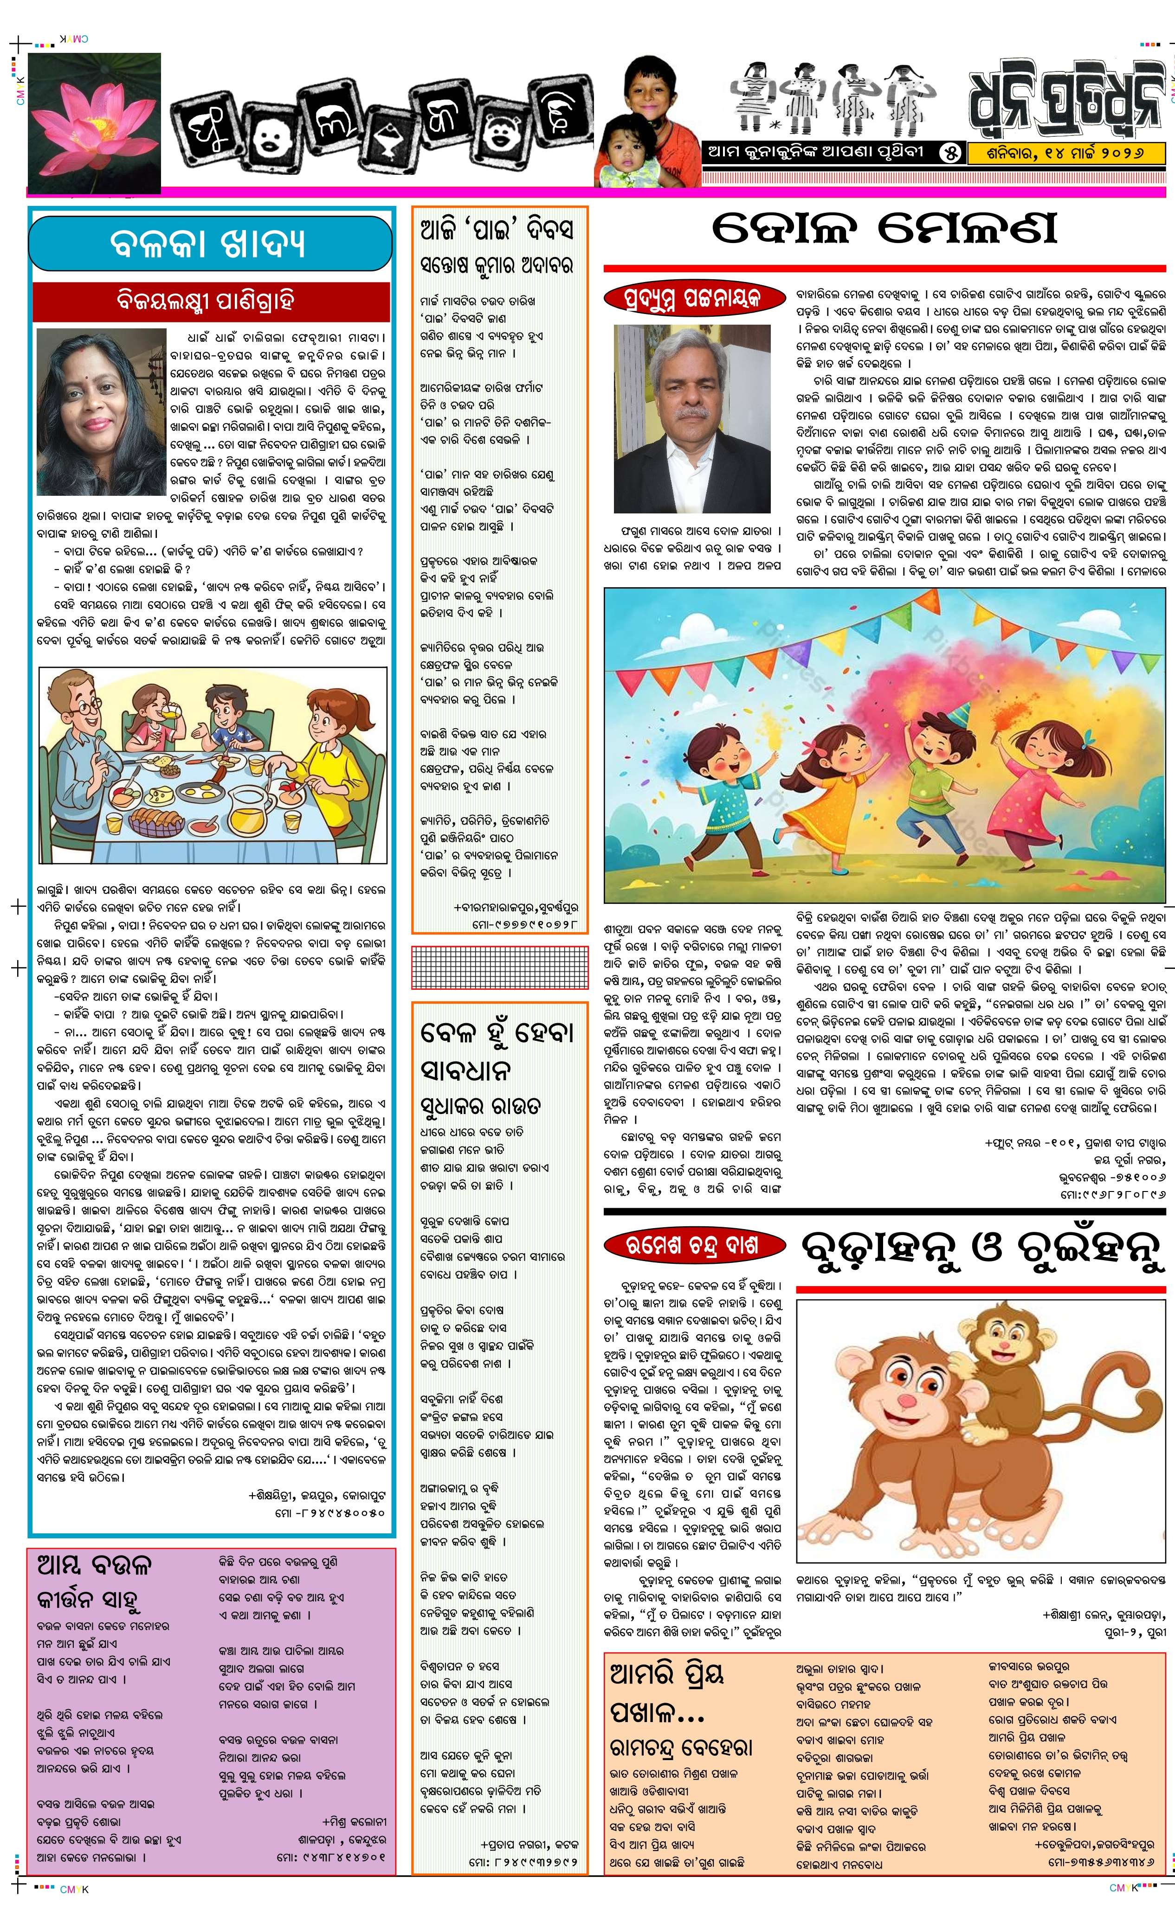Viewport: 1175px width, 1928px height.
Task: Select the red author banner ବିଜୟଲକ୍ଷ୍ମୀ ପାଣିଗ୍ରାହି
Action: [211, 301]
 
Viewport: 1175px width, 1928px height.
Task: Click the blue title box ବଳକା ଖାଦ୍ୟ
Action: [210, 244]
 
